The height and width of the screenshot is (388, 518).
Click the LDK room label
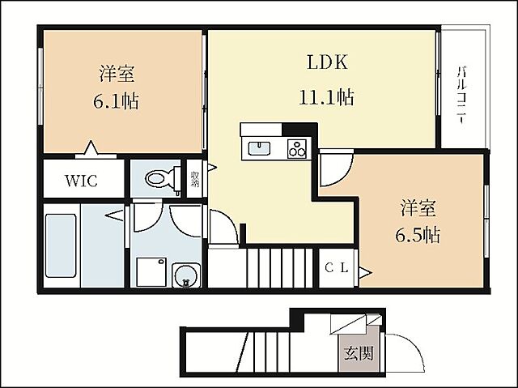326,62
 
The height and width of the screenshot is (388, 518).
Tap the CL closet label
338,269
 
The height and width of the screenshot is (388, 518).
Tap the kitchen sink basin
259,148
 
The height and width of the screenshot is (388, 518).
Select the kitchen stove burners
297,148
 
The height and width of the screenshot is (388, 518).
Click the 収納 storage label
195,179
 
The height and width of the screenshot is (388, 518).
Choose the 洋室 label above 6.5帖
418,207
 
